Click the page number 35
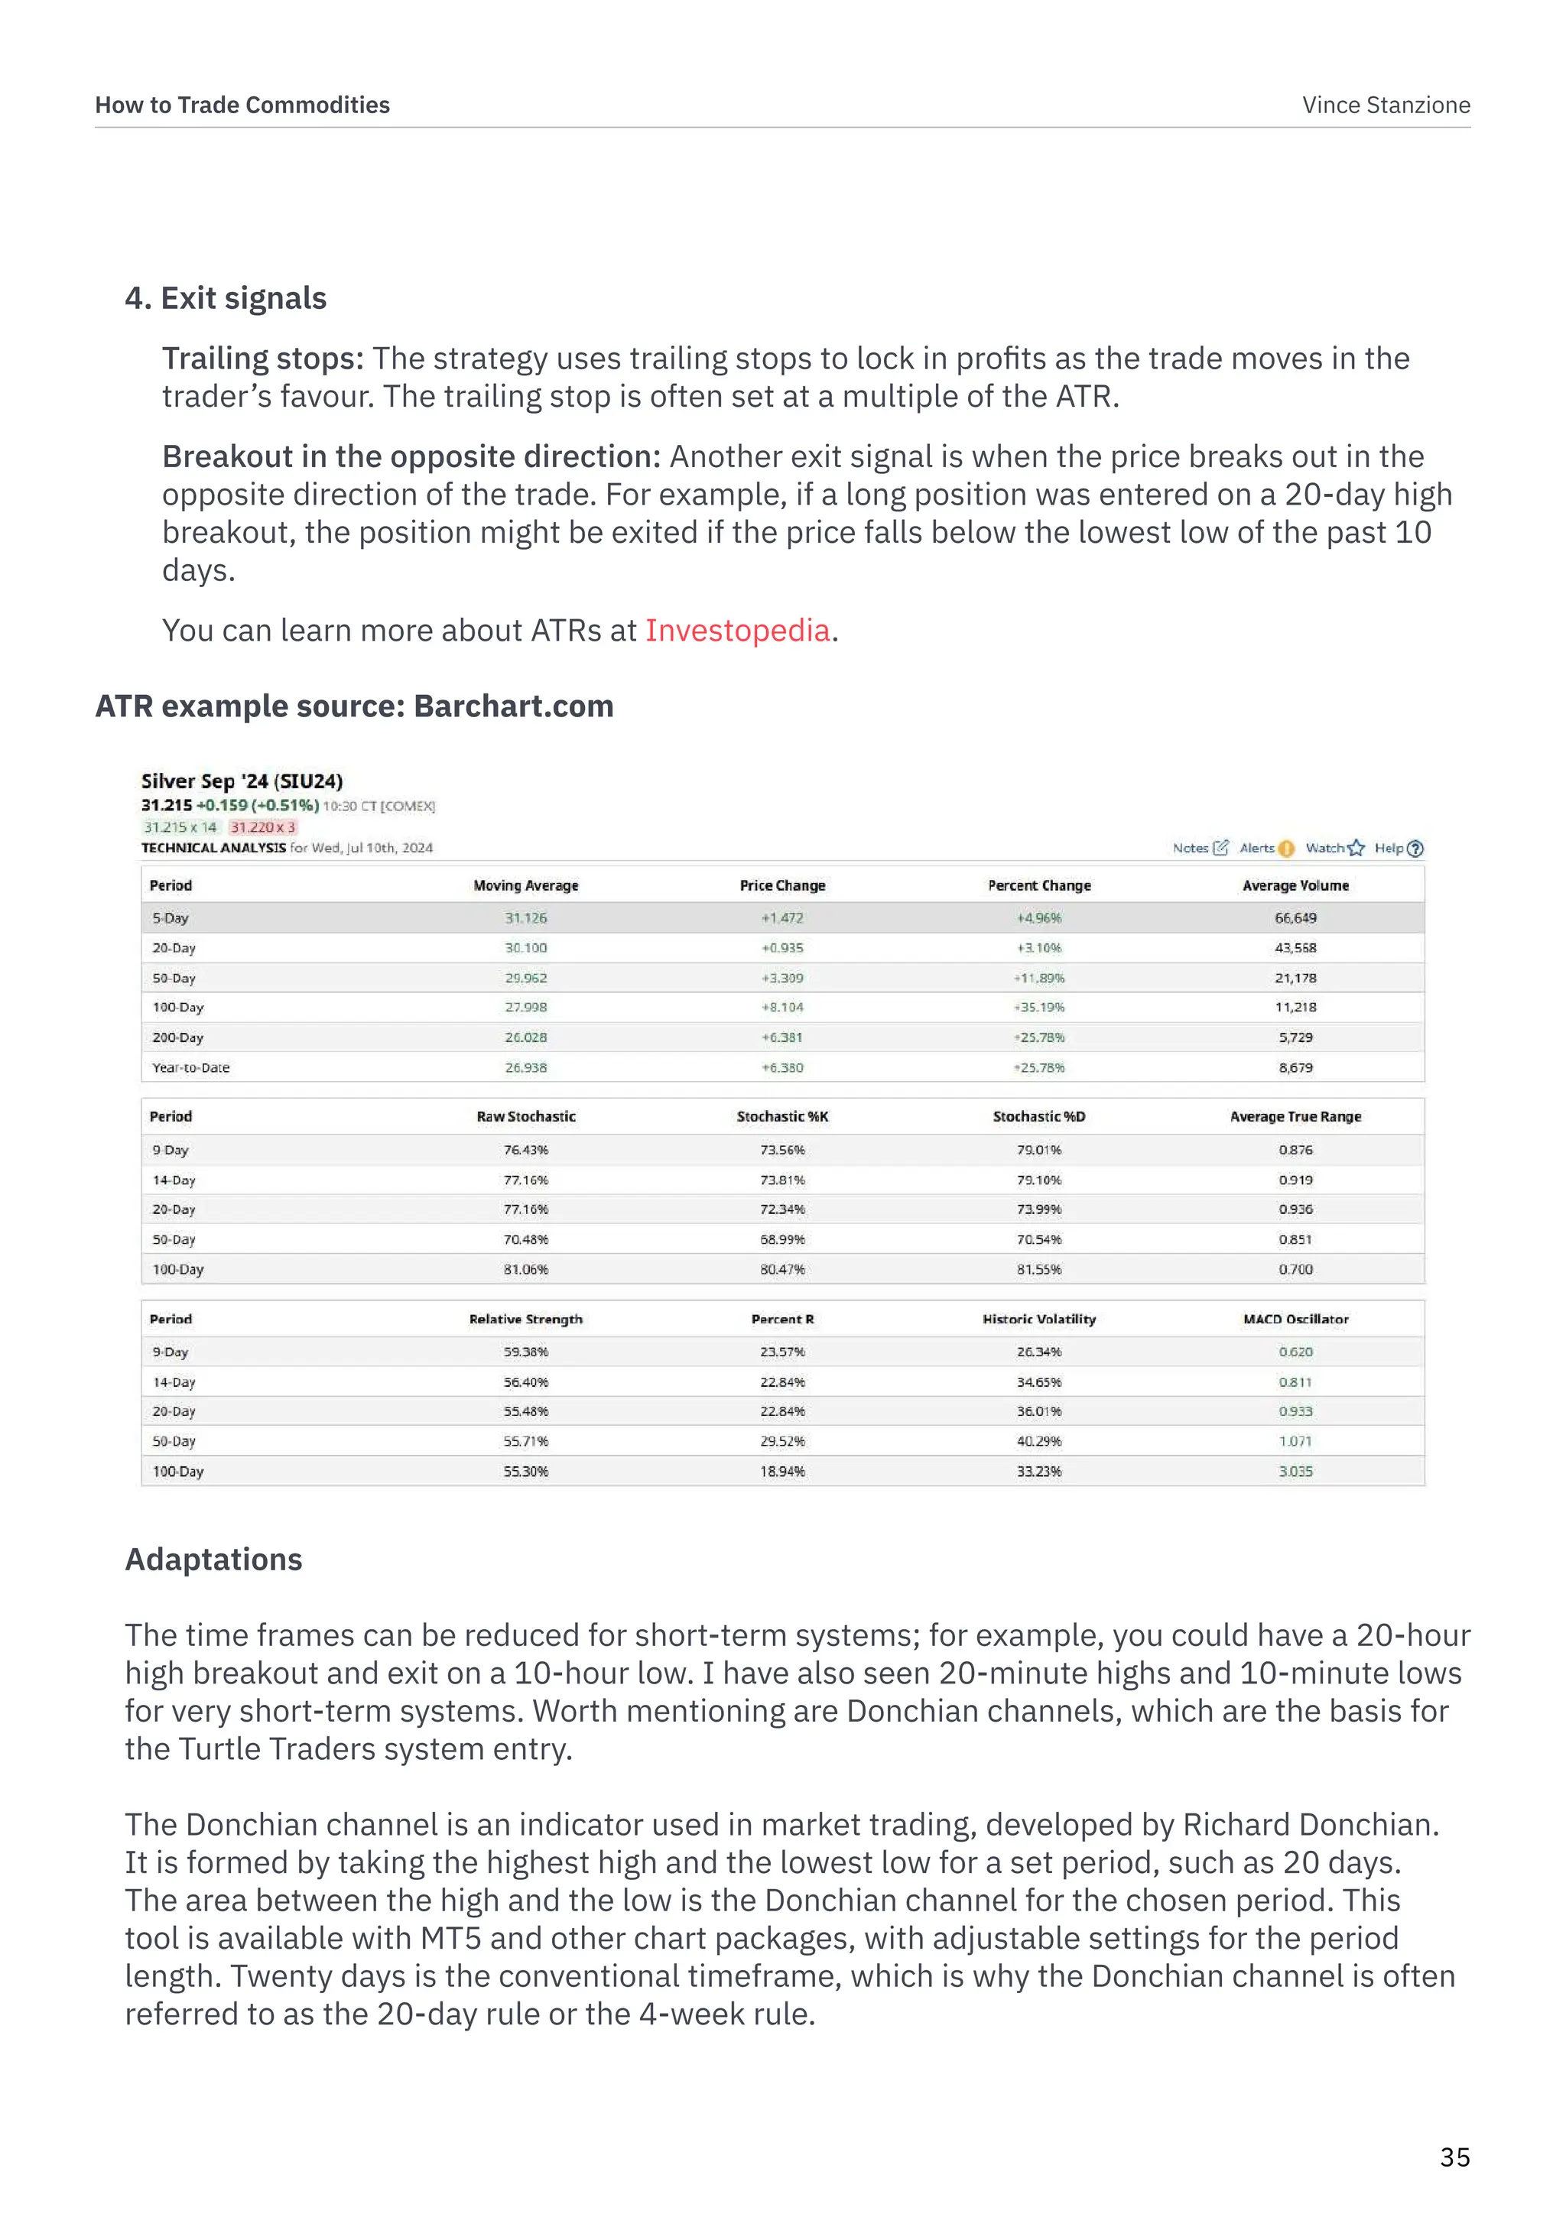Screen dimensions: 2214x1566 1454,2157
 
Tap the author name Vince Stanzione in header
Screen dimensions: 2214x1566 1386,105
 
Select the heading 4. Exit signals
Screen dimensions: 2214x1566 226,298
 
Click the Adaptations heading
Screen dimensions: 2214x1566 213,1560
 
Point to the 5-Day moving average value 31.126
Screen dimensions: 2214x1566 525,918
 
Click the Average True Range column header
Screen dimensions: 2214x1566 1295,1117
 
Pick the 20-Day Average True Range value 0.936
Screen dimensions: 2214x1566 1295,1209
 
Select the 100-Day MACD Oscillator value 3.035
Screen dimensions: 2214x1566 1295,1472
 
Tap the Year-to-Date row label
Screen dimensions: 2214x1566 191,1067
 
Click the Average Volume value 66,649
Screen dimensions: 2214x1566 1295,918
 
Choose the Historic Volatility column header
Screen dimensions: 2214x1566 1038,1319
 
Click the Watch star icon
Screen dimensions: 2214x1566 1356,849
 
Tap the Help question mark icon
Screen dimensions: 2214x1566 1415,849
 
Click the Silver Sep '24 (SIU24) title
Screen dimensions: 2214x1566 242,781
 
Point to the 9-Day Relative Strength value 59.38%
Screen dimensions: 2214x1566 525,1352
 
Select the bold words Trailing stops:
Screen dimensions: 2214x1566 262,359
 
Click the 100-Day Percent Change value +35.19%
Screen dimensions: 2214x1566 1038,1007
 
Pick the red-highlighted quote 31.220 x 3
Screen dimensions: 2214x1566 262,827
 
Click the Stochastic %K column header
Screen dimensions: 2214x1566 782,1117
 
